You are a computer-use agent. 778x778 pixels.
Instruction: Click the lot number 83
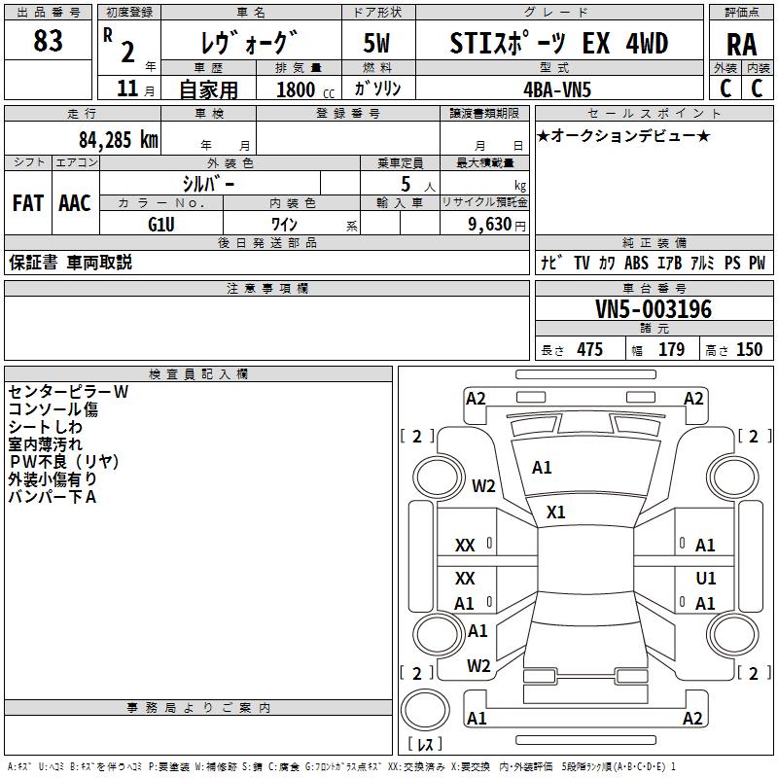coord(48,41)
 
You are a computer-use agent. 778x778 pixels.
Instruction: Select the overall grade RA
coord(741,44)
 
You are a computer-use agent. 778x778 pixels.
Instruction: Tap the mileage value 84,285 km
coord(118,139)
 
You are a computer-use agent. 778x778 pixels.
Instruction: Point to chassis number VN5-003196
coord(654,310)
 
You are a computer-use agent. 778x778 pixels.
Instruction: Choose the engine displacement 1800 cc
coord(297,89)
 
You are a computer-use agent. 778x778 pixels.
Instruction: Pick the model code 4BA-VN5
coord(556,89)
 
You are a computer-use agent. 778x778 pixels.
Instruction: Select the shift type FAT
coord(27,203)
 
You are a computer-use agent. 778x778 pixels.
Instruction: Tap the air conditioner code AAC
coord(75,203)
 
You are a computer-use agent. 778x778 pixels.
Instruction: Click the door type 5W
coord(377,44)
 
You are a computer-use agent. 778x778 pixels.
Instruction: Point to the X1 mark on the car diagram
coord(556,512)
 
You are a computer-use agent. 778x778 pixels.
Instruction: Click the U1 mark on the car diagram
coord(706,578)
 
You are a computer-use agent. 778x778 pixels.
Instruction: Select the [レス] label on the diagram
coord(426,745)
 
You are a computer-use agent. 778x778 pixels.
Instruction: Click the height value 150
coord(749,350)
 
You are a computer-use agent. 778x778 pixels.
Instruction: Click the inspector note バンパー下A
coord(53,497)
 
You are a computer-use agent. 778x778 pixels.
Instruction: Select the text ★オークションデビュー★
coord(623,135)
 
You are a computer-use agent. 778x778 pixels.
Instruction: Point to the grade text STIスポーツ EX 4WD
coord(559,44)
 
